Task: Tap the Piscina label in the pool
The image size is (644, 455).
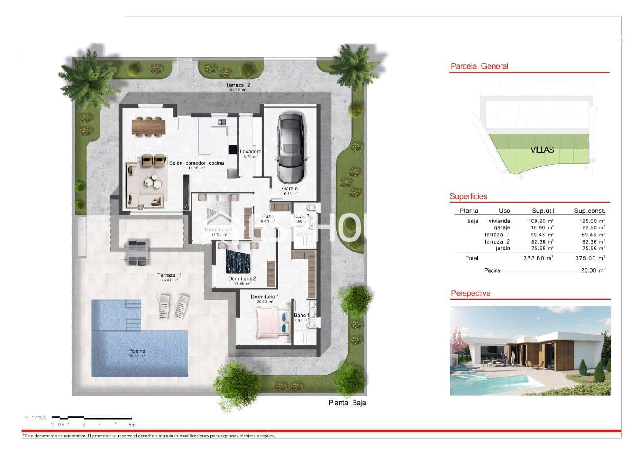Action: tap(137, 351)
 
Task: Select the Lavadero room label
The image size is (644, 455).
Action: tap(251, 152)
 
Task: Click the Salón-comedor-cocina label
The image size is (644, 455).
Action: tap(196, 163)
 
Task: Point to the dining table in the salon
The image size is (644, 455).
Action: tap(148, 126)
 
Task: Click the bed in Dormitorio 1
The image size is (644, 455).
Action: tap(272, 322)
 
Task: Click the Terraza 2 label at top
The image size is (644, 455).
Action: tap(238, 85)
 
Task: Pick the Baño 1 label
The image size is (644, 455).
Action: tap(301, 315)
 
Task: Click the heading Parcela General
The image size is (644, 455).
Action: tap(479, 66)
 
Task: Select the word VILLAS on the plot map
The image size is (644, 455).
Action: tap(542, 150)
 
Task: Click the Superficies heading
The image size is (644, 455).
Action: tap(468, 196)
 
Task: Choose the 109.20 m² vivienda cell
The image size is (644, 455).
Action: tap(541, 221)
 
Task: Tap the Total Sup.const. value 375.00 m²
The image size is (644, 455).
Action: tap(590, 258)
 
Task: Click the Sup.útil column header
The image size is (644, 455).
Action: tap(543, 211)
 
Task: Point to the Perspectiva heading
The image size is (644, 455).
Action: tap(470, 293)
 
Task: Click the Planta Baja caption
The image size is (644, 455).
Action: tap(347, 403)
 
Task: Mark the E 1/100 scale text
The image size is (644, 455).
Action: tap(36, 418)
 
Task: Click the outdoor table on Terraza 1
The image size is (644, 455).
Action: tap(137, 253)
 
